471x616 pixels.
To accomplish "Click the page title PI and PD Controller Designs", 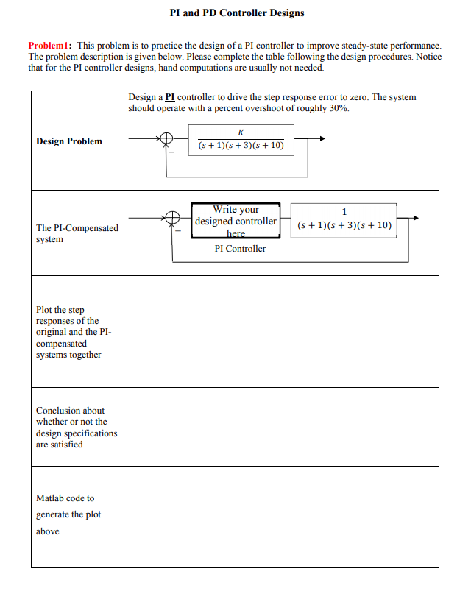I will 236,13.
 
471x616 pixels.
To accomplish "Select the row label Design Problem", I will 69,141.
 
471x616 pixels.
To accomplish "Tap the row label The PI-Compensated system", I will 77,233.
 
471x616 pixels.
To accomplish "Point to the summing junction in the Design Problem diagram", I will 167,138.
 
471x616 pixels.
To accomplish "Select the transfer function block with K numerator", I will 241,139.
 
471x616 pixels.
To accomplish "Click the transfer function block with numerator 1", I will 344,219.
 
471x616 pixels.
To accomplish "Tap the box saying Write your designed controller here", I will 235,221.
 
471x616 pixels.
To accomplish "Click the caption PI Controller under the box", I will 240,249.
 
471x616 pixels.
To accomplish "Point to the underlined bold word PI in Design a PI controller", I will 170,97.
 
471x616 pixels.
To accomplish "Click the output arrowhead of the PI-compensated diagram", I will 416,218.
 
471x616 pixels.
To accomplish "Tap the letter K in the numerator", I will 241,132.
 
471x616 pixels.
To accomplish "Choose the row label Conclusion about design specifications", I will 76,428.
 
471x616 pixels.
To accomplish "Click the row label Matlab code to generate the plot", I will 68,514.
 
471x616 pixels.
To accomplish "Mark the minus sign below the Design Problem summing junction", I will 172,152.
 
